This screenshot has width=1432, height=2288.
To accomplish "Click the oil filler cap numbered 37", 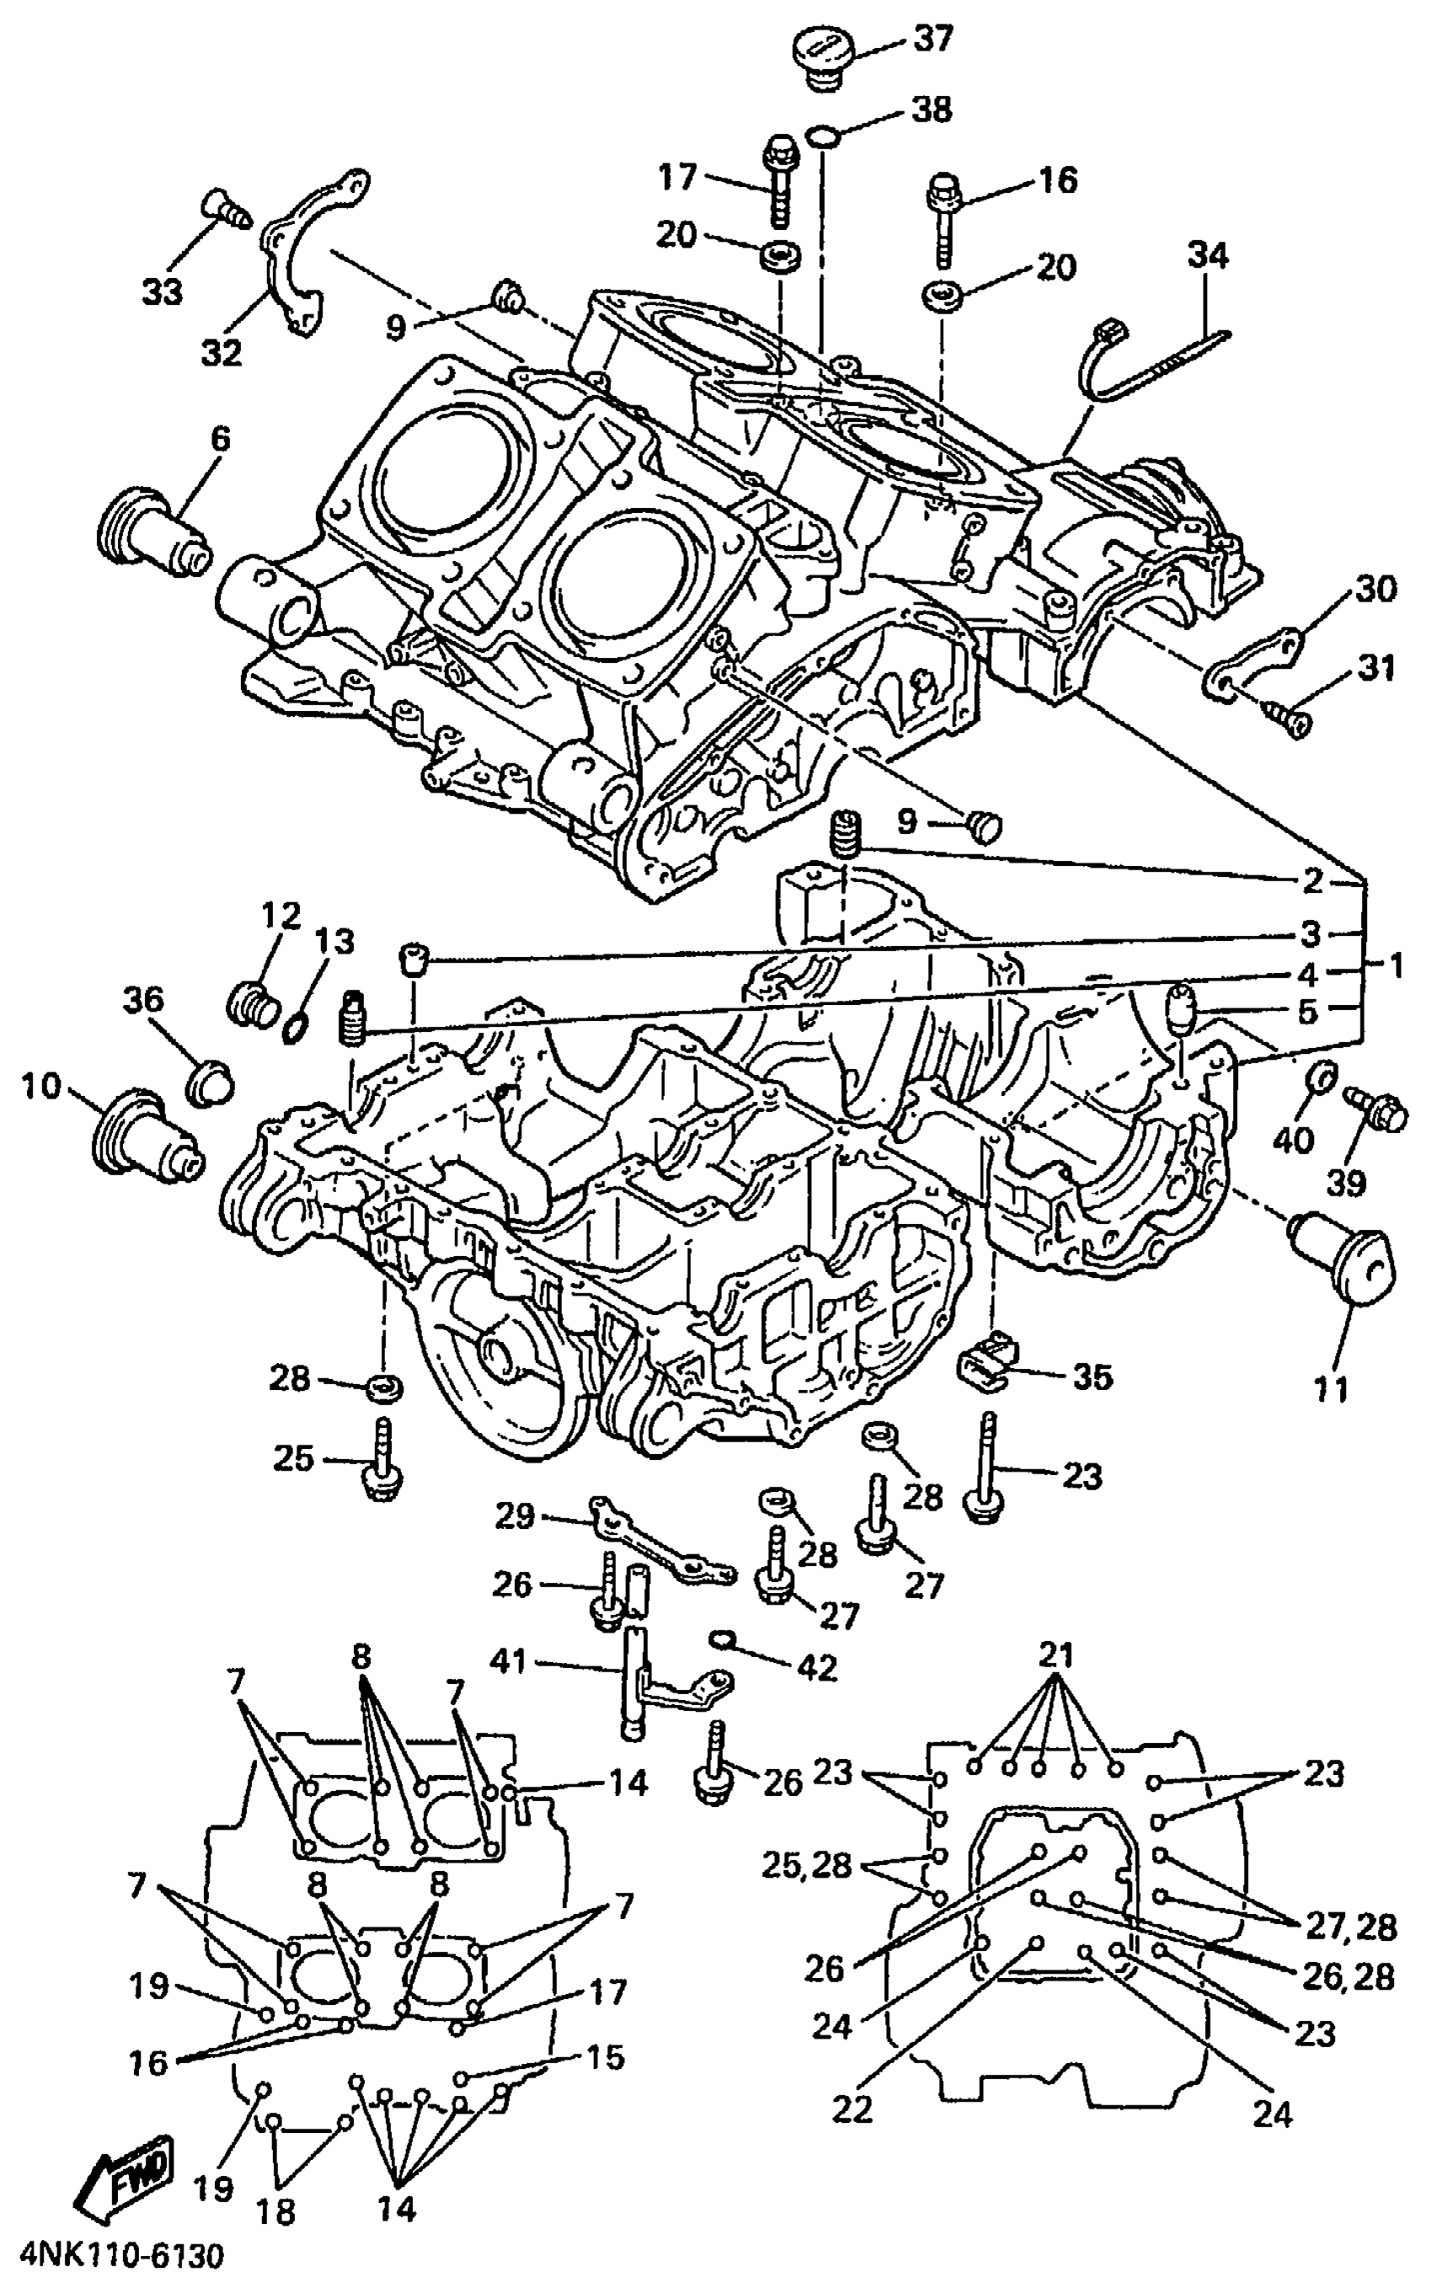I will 822,58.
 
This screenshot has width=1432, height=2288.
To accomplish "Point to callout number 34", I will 1208,256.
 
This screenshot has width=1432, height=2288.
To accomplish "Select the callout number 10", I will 40,1088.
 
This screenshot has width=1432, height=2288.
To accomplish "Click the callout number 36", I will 142,999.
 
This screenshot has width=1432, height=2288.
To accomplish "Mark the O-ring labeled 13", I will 296,1024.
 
